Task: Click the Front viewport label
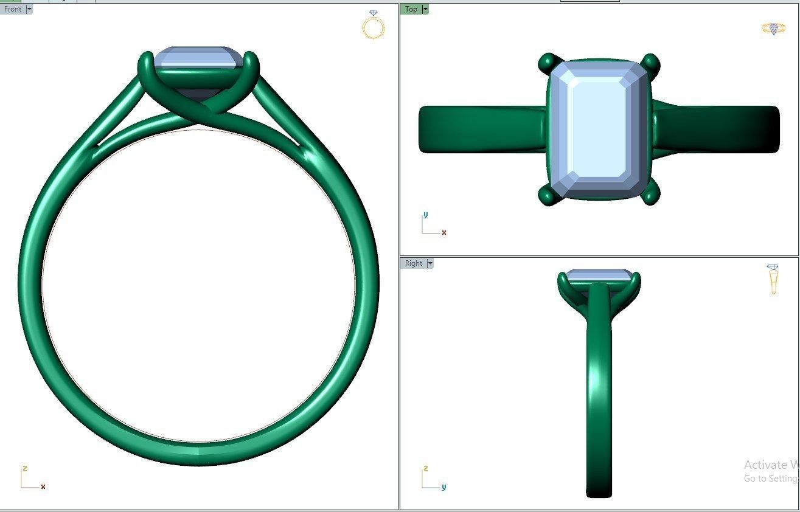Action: coord(13,9)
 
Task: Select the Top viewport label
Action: coord(411,9)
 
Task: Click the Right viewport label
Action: coord(413,263)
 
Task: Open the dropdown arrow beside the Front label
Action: coord(29,9)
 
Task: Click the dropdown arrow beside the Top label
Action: coord(425,9)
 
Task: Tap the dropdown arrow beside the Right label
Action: coord(430,263)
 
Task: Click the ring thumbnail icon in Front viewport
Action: coord(373,25)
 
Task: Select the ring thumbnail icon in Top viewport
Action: coord(773,29)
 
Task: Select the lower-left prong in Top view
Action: coord(548,195)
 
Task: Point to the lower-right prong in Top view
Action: coord(650,195)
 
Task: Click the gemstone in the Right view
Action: coord(599,275)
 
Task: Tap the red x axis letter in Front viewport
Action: coord(43,486)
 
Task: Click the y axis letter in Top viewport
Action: coord(425,215)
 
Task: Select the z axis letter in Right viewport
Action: coord(425,468)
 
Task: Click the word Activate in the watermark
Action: coord(765,465)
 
